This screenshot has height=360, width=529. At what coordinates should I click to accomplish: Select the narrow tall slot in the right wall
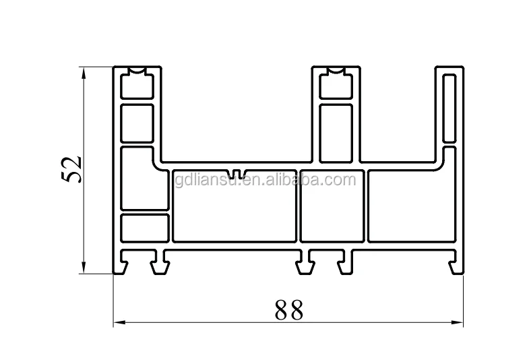(449, 108)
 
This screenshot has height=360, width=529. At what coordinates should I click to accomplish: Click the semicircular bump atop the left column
(138, 73)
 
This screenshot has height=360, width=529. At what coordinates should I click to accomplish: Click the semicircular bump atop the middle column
(336, 73)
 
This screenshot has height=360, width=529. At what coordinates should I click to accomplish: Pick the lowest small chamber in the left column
(144, 227)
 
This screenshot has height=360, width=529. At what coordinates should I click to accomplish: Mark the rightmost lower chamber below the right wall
(410, 206)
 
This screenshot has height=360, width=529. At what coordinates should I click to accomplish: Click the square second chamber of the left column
(137, 121)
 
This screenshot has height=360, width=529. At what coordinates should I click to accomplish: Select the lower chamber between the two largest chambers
(331, 206)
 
